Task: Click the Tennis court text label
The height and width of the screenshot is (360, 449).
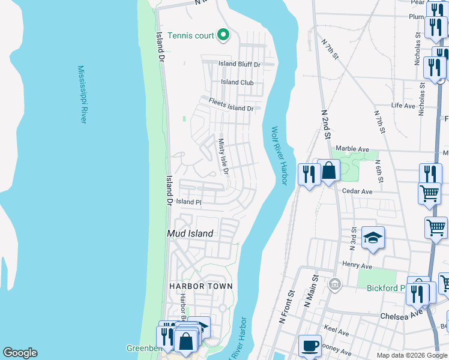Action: coord(190,35)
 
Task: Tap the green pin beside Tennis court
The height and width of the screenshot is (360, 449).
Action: coord(223,35)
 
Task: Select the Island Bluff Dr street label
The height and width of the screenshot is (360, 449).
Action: coord(239,64)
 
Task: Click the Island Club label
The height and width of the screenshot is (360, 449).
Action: coord(237,82)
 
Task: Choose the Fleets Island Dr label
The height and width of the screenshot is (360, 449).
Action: coord(231,105)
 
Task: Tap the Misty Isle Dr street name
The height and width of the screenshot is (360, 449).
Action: coord(223,157)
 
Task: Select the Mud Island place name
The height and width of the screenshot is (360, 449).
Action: coord(189,233)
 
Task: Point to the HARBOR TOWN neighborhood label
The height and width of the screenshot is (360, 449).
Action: coord(200,286)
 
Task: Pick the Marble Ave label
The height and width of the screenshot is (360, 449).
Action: coord(352,149)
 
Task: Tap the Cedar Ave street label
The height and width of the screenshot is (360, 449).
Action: coord(357,191)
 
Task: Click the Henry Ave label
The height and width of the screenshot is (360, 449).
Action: coord(358,266)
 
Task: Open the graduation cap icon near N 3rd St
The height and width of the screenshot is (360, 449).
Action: coord(373,238)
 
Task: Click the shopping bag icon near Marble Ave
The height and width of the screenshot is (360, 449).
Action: coord(329,171)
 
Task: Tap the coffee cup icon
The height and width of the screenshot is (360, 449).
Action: coord(310,346)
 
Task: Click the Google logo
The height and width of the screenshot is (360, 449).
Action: coord(20,353)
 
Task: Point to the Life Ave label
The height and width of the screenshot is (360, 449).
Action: coord(403,106)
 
